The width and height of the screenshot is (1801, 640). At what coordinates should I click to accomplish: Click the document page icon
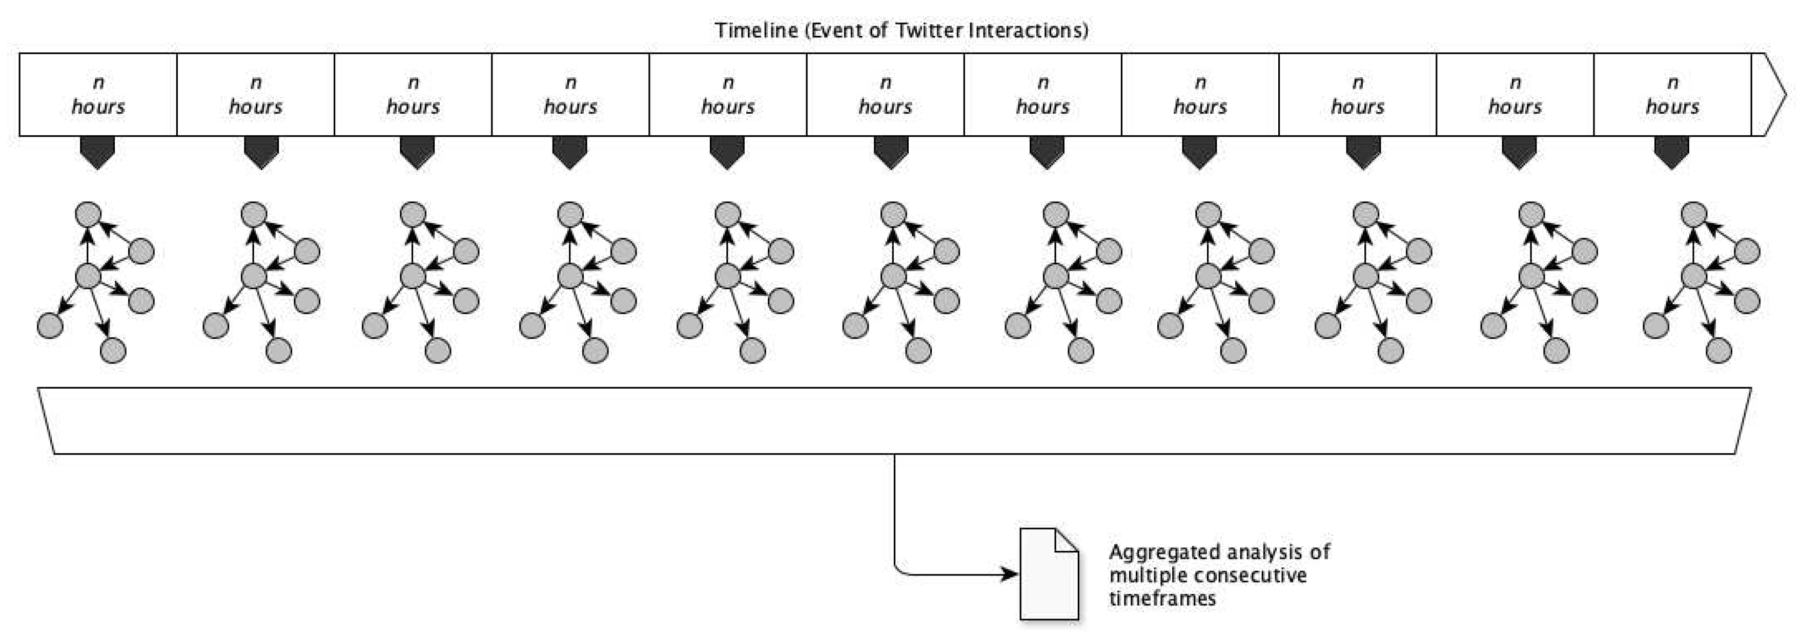(1049, 574)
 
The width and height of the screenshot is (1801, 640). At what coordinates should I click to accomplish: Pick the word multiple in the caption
(1142, 575)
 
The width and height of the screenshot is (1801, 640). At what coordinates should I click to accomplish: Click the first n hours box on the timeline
(98, 94)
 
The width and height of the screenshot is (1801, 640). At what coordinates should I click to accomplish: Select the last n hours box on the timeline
(1672, 94)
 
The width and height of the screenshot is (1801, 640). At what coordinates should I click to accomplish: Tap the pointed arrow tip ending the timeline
(1776, 94)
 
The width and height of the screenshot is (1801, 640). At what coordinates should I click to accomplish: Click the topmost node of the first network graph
(88, 214)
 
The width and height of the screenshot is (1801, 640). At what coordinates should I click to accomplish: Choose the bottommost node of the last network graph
(1719, 350)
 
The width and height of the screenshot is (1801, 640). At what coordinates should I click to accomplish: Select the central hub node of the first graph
(88, 276)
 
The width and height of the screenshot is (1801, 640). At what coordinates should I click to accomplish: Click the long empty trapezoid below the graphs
(895, 421)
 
